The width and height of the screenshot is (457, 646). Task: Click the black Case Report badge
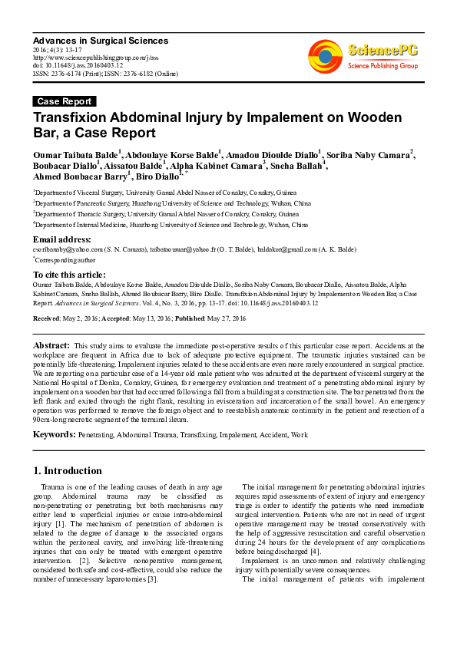click(x=65, y=101)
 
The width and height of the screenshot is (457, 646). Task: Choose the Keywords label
click(x=54, y=435)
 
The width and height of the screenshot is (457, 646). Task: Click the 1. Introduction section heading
click(x=68, y=470)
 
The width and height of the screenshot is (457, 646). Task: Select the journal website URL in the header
click(x=95, y=57)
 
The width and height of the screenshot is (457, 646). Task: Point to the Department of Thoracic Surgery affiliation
click(x=166, y=214)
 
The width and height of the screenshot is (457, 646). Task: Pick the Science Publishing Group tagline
click(x=382, y=66)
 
